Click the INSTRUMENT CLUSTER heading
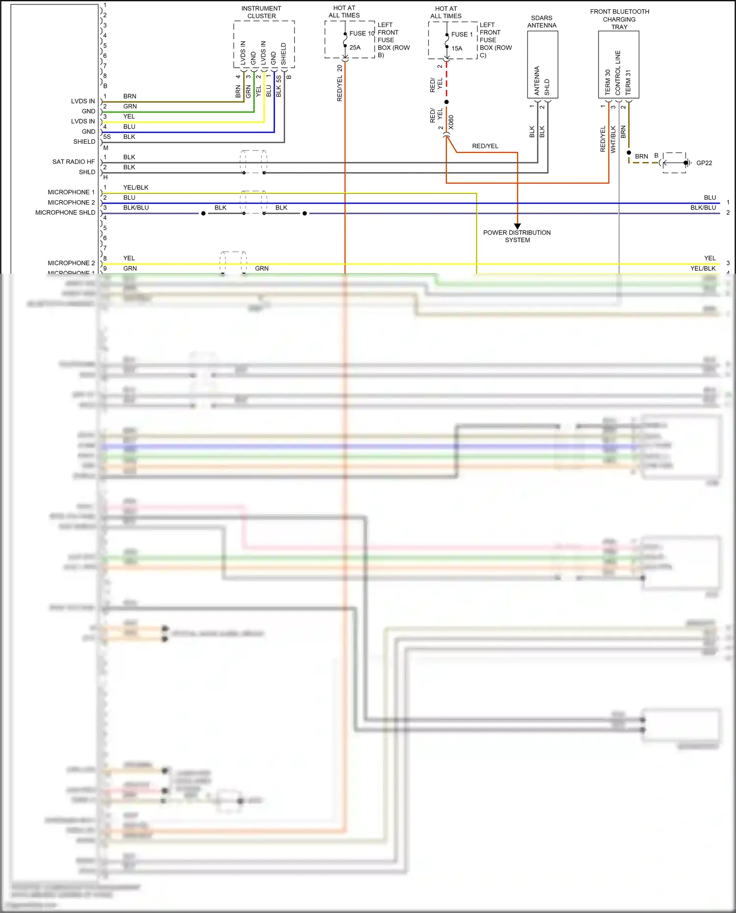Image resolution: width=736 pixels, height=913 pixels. (261, 12)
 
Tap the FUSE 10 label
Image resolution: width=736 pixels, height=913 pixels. (362, 33)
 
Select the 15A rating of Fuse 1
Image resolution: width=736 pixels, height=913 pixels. (457, 48)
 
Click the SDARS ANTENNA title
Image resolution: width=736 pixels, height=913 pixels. (542, 22)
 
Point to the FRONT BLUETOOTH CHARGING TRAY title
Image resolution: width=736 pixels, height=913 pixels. (619, 19)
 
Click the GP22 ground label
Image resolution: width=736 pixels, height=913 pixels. (704, 163)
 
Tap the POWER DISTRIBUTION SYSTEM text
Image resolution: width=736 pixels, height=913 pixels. (517, 236)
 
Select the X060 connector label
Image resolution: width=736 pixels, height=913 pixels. (451, 122)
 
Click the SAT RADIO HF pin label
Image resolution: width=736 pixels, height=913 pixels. (74, 161)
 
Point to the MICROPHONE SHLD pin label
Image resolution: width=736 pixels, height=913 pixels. (65, 212)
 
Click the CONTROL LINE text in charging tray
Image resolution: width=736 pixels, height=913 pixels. (618, 73)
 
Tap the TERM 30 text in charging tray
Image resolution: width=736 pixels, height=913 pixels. (607, 82)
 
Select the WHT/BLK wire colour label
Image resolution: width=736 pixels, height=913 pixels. (613, 139)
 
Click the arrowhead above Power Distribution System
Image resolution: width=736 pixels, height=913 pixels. (517, 226)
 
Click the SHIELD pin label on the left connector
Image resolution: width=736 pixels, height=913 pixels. (84, 141)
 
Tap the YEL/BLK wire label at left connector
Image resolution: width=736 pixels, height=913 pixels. (136, 187)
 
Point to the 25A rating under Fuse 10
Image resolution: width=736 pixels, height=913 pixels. (355, 48)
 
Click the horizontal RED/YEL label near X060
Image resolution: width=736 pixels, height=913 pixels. (485, 146)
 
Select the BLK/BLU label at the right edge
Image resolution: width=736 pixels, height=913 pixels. (703, 208)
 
